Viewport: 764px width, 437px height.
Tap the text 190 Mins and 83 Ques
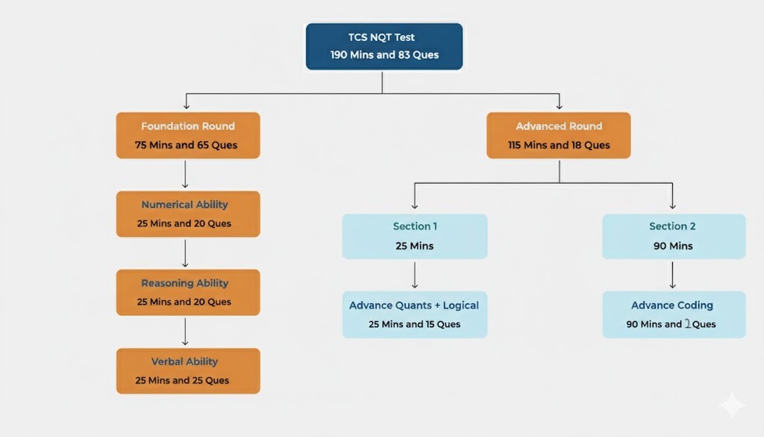pos(384,55)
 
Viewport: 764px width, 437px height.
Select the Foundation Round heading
pos(188,126)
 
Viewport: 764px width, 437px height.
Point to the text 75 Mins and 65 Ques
pos(187,145)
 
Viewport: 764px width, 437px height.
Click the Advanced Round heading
pos(559,126)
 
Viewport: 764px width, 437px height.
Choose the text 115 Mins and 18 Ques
pos(559,145)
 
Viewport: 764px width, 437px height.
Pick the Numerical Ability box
pos(188,214)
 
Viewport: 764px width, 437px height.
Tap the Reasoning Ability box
pos(188,292)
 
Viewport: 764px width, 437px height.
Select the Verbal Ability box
pos(188,371)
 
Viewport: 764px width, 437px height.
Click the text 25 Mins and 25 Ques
pos(182,380)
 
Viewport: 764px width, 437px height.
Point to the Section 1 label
pos(415,226)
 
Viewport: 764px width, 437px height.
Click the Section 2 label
pos(673,226)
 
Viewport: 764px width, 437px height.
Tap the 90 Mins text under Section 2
pos(673,246)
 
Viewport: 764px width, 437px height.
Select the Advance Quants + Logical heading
pos(414,305)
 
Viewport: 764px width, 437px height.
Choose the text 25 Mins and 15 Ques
pos(414,324)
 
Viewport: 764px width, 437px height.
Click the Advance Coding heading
pos(672,305)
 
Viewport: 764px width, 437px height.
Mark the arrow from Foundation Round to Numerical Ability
pos(185,175)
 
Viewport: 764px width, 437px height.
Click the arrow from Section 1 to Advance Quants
pos(415,275)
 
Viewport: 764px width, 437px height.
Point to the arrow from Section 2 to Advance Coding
pos(673,275)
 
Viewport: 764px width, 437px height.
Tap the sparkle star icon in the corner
pos(731,404)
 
